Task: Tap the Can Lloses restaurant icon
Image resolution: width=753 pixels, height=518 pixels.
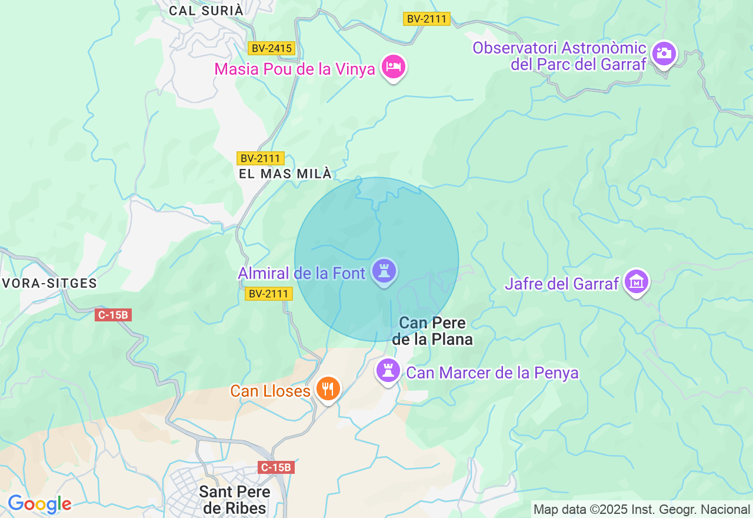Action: pos(328,389)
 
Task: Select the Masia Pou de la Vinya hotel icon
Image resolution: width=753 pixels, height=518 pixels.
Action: pos(394,67)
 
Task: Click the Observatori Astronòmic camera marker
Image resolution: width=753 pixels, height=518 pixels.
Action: pos(665,54)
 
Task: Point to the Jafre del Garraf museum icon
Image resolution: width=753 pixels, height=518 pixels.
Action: pos(636,282)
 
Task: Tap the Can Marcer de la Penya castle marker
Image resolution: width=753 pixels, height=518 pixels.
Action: pos(388,371)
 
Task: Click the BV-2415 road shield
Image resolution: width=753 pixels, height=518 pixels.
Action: pos(271,48)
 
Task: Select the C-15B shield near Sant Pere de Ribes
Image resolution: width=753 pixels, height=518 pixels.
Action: pos(276,467)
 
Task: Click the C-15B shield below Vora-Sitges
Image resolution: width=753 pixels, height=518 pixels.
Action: pos(113,315)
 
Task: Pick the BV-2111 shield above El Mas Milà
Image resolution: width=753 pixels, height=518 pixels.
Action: pos(261,158)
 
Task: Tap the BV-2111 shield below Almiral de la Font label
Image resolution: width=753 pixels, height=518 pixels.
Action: pos(269,294)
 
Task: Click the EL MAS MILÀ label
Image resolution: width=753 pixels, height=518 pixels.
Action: pos(285,174)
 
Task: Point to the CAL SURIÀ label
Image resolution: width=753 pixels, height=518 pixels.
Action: pos(206,11)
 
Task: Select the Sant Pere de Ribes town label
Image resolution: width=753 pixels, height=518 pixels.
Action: pos(235,500)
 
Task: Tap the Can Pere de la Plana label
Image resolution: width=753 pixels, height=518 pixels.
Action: pos(432,331)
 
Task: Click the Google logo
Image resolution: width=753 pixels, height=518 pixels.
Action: pos(39,504)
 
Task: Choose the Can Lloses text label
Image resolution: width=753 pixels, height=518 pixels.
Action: pos(270,391)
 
